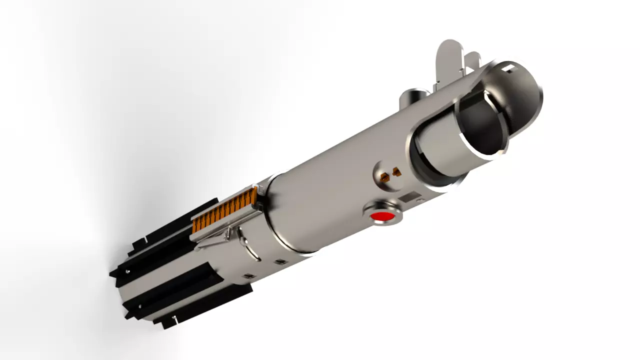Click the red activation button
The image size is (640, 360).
(x=383, y=216)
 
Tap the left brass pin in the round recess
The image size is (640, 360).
(x=385, y=177)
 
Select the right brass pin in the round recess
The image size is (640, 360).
(x=396, y=172)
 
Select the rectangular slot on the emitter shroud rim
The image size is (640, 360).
(x=508, y=67)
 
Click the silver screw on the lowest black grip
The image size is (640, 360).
(x=174, y=317)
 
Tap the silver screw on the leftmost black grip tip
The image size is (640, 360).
(x=128, y=271)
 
